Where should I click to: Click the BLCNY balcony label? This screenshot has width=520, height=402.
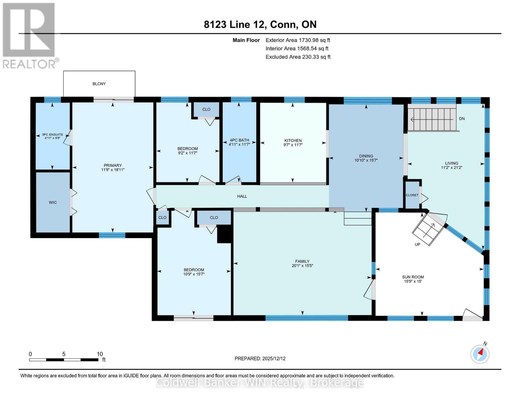[99, 84]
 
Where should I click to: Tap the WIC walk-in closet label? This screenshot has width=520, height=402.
[53, 203]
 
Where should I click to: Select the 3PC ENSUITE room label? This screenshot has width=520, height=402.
[53, 135]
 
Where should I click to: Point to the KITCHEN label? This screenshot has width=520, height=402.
[293, 141]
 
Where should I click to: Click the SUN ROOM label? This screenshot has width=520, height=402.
[413, 277]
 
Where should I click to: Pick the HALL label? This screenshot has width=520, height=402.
[242, 196]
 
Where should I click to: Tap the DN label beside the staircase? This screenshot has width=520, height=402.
[462, 119]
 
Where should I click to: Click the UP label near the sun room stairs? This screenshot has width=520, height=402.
[417, 245]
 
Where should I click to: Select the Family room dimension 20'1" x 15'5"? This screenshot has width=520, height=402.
[302, 266]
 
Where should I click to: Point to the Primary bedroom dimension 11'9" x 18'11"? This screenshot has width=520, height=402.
[113, 170]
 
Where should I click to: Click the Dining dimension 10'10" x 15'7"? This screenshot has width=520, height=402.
[366, 160]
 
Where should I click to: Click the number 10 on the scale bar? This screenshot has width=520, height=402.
[100, 354]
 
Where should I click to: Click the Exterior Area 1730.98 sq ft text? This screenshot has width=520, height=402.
[298, 40]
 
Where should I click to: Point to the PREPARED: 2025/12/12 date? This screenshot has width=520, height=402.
[260, 358]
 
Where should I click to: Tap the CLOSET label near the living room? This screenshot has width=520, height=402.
[412, 195]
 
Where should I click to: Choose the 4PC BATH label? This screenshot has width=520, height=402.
[239, 140]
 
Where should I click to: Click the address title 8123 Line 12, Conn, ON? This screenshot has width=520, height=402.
[260, 24]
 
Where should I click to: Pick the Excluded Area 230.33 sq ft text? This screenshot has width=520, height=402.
[298, 57]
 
